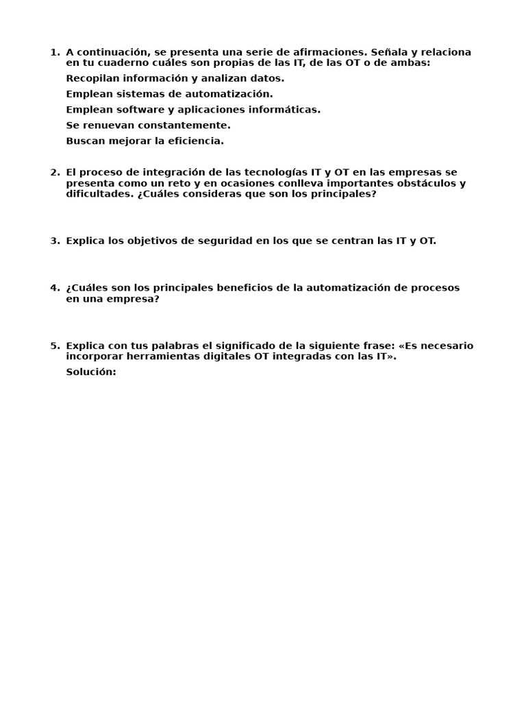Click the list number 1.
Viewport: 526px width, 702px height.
coord(54,53)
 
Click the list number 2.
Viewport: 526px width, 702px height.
coord(54,173)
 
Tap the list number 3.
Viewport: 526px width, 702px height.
coord(54,241)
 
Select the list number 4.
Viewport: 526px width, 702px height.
coord(54,288)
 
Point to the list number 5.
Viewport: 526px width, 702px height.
coord(54,346)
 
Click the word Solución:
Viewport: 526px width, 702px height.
coord(91,372)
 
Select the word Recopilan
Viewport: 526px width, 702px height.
coord(91,79)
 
